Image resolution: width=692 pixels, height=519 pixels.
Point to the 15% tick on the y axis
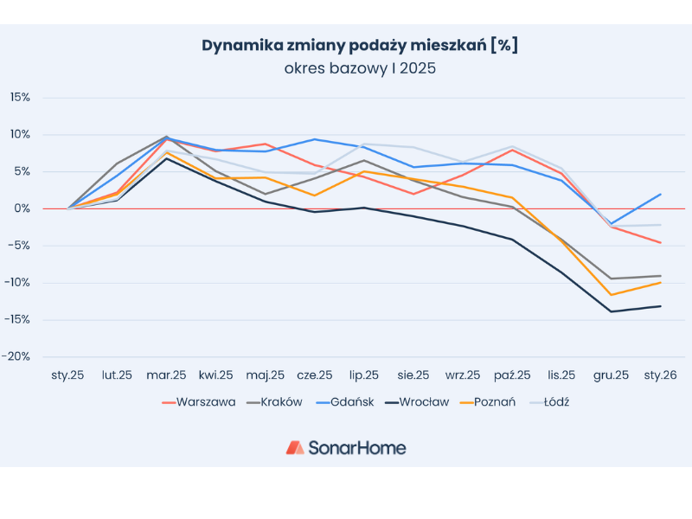[20, 97]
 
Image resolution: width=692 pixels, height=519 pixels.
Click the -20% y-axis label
[17, 356]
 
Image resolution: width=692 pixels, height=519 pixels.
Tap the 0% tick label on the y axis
[23, 208]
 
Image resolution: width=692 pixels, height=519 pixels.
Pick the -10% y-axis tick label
[17, 282]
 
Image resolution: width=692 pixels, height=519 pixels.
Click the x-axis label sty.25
[67, 375]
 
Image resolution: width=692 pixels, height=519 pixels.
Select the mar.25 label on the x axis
[166, 375]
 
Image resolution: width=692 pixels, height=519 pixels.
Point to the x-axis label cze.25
[314, 375]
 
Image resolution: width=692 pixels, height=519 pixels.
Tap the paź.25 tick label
[512, 375]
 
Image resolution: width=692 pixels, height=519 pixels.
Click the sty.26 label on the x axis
[661, 375]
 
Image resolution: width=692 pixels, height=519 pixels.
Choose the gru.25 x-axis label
[612, 375]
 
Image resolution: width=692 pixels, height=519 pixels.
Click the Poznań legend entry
[495, 401]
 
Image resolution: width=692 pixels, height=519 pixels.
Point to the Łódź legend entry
[554, 401]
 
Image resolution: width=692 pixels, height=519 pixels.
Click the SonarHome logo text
[356, 447]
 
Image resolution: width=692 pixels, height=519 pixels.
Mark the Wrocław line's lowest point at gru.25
[612, 311]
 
